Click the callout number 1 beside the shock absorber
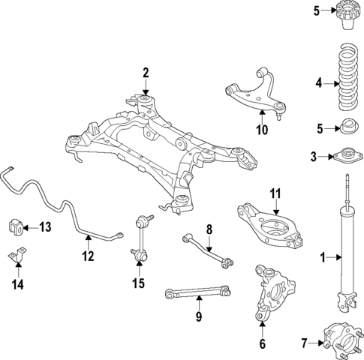322,258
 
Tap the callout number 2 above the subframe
146,73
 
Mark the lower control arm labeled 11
272,229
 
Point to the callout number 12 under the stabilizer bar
88,256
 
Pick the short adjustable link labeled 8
206,250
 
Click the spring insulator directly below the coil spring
347,127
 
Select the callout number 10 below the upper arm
261,128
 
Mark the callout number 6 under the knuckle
262,344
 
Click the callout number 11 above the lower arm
275,194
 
